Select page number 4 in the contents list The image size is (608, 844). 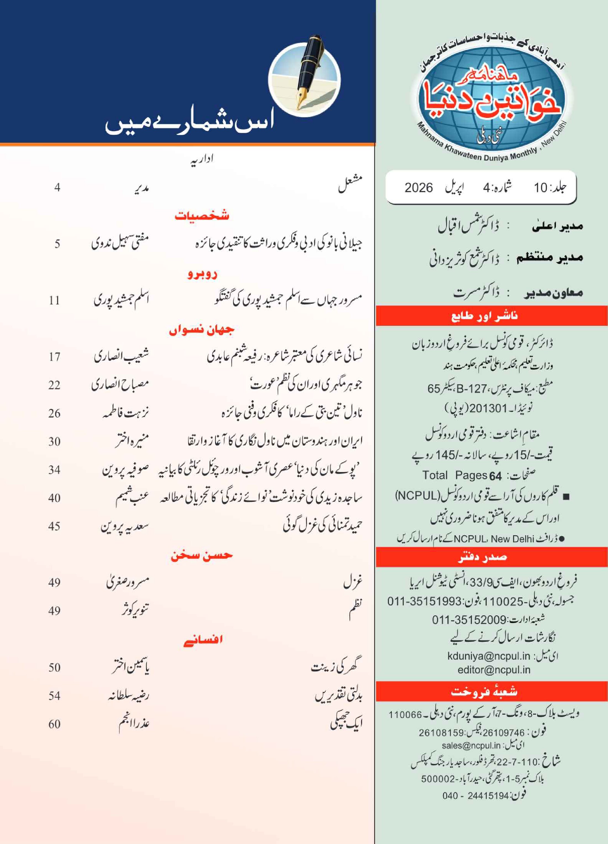click(57, 187)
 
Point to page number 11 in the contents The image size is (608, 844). click(54, 300)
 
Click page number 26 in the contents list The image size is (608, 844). click(54, 413)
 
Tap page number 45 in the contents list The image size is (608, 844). click(54, 526)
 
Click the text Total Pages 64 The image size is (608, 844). click(462, 475)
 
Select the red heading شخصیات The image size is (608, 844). click(202, 216)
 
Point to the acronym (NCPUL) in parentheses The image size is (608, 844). click(417, 496)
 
